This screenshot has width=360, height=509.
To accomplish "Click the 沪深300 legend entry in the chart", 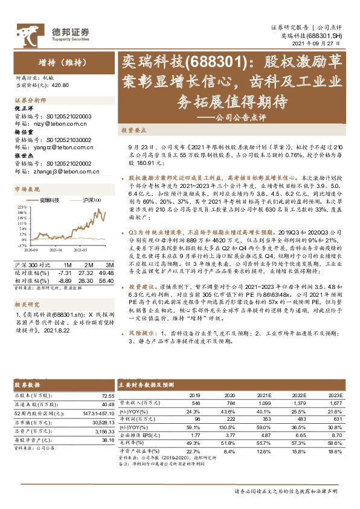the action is (x=92, y=199).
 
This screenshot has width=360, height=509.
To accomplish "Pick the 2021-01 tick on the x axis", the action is (x=56, y=250).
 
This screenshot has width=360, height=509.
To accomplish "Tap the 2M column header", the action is (x=87, y=265).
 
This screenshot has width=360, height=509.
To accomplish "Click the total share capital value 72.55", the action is (x=107, y=395).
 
